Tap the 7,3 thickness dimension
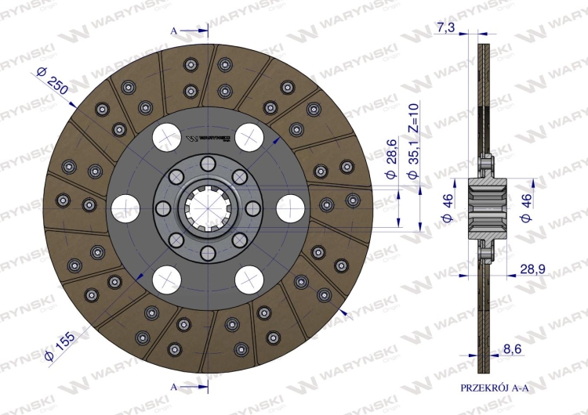445,27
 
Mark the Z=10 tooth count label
415,120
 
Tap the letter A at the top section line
174,31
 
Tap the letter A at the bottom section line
174,386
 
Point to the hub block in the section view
489,208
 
